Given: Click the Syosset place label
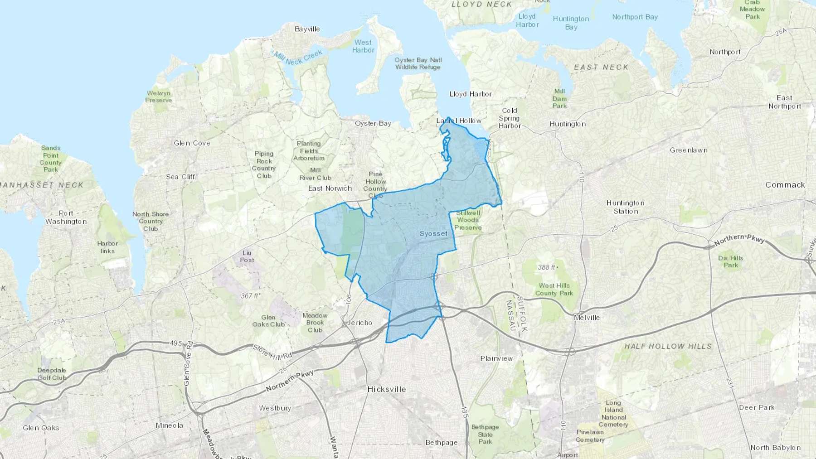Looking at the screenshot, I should [x=433, y=234].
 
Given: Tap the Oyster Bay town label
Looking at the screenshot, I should [x=373, y=123].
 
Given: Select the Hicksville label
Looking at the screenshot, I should [x=386, y=389].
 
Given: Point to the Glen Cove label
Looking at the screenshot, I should [x=192, y=143].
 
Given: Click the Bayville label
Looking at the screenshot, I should [x=307, y=29].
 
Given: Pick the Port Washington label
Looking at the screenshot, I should [x=66, y=217].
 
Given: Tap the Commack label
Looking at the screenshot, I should [x=785, y=185].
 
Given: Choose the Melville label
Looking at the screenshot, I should [x=587, y=318].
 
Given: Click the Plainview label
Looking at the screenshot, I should [x=496, y=358].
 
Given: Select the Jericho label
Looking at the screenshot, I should [x=359, y=323].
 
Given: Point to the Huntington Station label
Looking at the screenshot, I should [x=626, y=207].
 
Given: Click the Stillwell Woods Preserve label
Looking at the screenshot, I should [x=468, y=220].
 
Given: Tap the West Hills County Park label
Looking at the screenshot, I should [x=554, y=289].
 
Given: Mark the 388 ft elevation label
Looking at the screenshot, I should [x=548, y=267].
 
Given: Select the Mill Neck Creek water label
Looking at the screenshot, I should [x=298, y=57].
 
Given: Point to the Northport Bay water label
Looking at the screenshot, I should [x=635, y=17].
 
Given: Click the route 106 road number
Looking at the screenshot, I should [x=348, y=299].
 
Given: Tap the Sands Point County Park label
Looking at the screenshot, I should [x=50, y=159].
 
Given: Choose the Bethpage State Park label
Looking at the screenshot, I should [x=485, y=434].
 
